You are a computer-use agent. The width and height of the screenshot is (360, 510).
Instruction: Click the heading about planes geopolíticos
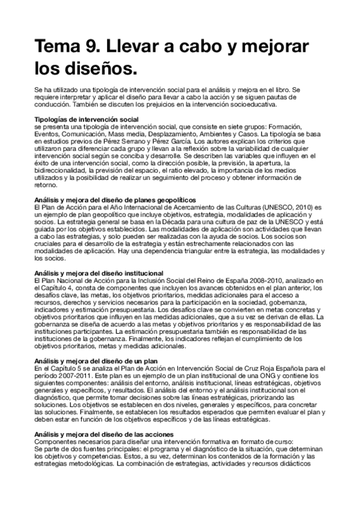coord(115,200)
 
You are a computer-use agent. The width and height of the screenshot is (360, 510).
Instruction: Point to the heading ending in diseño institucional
coord(99,273)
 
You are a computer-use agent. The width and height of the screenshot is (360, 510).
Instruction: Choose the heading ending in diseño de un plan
coord(95,360)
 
